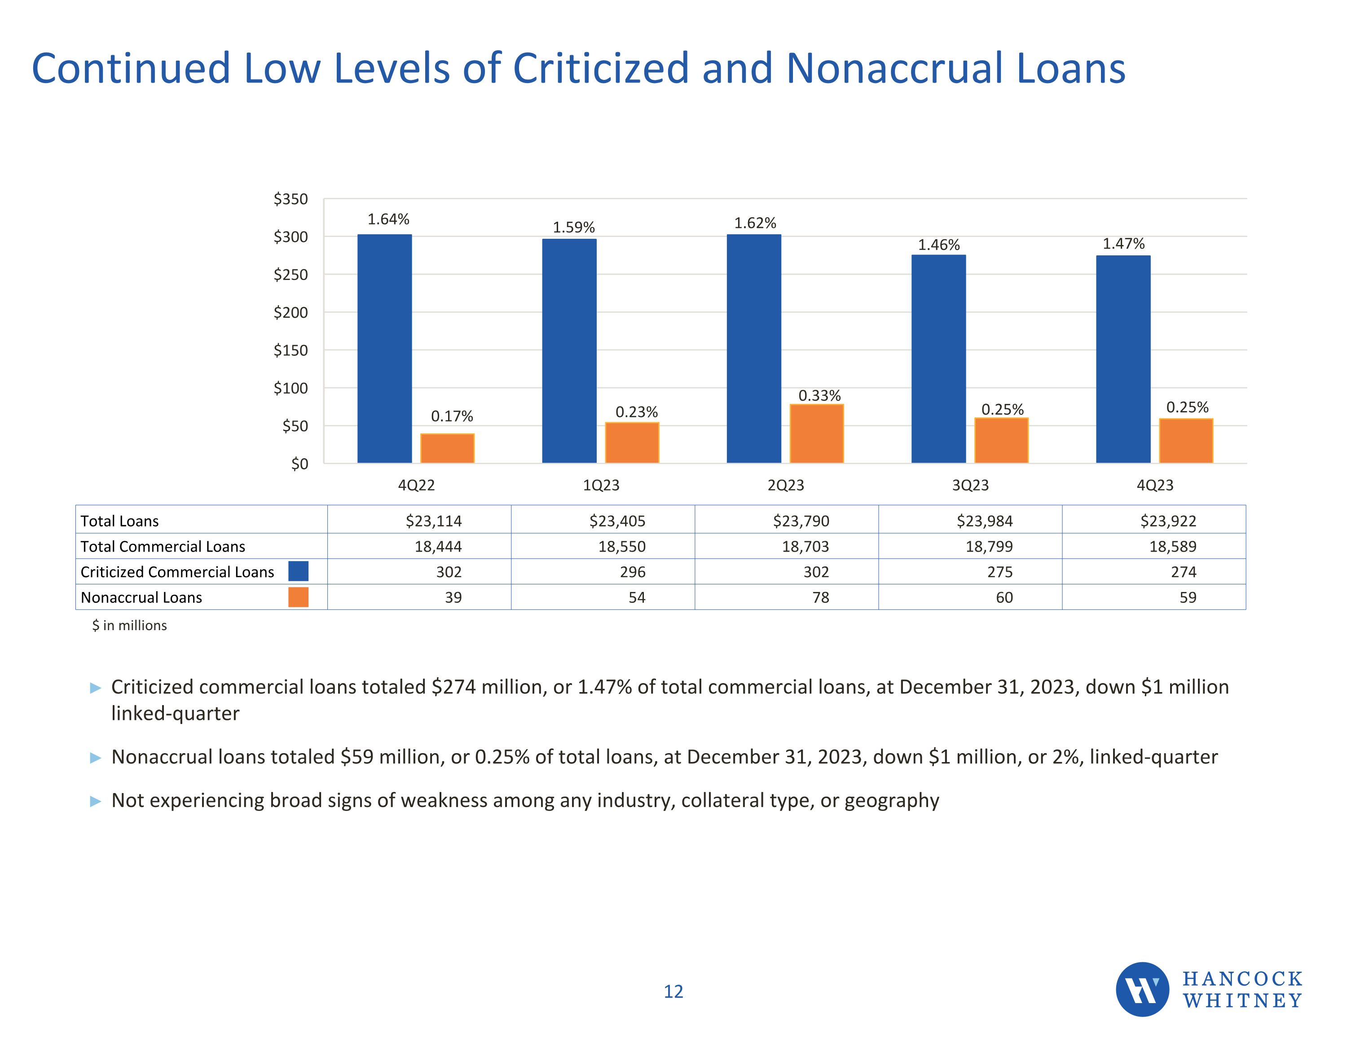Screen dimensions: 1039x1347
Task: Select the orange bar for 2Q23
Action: (817, 434)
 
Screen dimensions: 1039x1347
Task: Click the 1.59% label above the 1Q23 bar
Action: (573, 228)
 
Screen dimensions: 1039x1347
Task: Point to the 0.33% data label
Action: (819, 395)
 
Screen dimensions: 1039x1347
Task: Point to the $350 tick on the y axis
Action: (291, 199)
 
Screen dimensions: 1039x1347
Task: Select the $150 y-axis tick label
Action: (291, 350)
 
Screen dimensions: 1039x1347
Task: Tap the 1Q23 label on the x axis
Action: (601, 485)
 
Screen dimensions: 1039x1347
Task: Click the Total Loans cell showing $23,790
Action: (801, 521)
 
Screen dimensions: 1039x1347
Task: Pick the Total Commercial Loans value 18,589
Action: (1172, 546)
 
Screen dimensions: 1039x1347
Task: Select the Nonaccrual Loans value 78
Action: (820, 597)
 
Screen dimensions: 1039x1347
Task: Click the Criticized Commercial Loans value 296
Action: (632, 572)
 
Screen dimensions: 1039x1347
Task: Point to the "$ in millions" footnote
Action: (129, 625)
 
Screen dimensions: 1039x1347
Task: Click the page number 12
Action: (673, 991)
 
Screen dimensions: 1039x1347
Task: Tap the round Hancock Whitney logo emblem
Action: (1142, 989)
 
